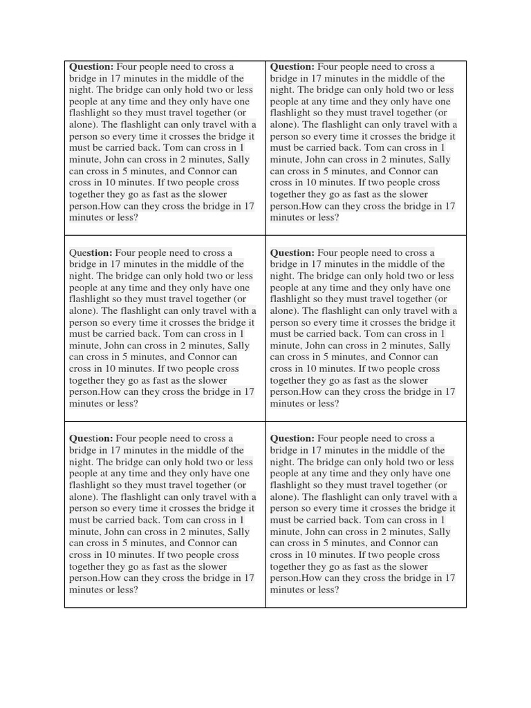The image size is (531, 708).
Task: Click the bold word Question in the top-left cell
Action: (x=91, y=67)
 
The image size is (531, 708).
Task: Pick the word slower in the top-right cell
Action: (x=413, y=194)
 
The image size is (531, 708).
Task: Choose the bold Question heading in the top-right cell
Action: (x=292, y=67)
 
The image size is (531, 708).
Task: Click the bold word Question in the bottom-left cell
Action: (x=91, y=438)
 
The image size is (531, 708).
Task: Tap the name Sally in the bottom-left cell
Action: (x=238, y=532)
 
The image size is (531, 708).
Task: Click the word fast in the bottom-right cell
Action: (x=362, y=566)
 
